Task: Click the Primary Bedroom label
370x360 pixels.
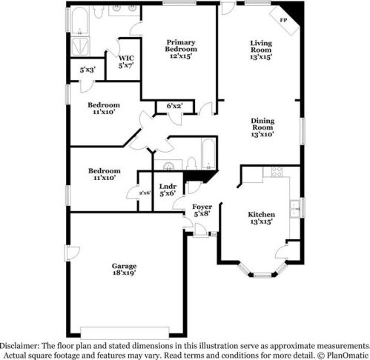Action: (180, 47)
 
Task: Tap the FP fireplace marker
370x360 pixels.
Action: (283, 20)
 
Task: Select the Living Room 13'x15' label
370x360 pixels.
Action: (260, 49)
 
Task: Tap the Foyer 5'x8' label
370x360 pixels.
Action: (202, 210)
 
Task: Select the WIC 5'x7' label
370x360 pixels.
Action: (126, 61)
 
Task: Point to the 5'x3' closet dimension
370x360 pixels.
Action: (86, 70)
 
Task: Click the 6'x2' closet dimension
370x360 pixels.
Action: (174, 107)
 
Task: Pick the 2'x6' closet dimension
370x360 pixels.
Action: (144, 193)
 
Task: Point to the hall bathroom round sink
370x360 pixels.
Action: (169, 166)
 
